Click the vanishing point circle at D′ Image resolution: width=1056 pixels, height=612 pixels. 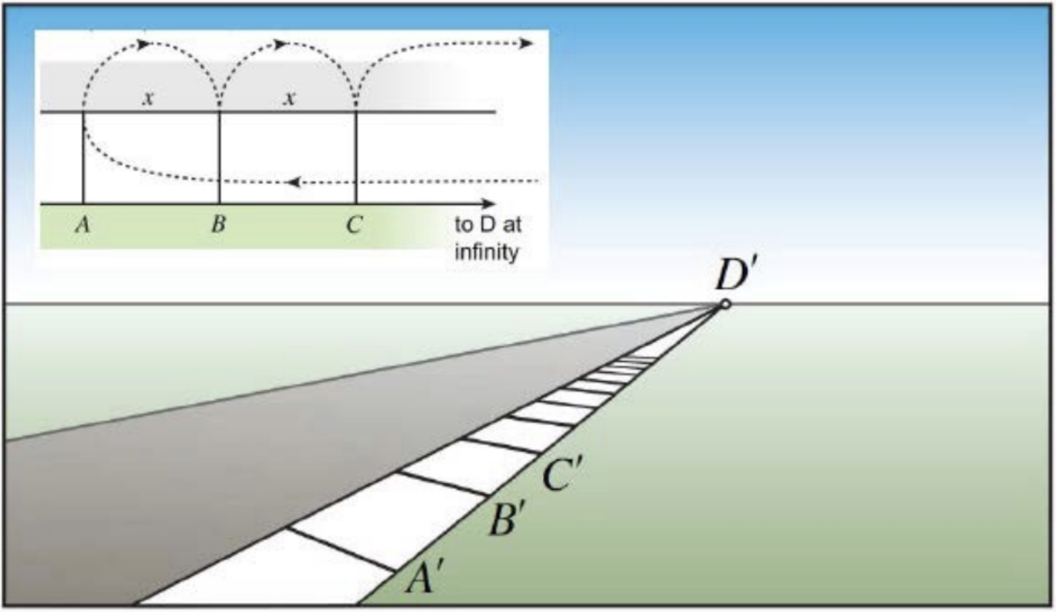pyautogui.click(x=725, y=304)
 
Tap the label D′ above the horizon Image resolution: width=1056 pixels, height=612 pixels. pyautogui.click(x=735, y=275)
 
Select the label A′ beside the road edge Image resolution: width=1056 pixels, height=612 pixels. pyautogui.click(x=424, y=577)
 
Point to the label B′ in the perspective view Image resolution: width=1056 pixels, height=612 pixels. pyautogui.click(x=507, y=519)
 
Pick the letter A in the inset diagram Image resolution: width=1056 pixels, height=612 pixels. pyautogui.click(x=83, y=225)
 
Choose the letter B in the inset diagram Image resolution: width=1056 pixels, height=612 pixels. pyautogui.click(x=219, y=225)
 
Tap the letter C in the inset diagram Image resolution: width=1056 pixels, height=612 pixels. pyautogui.click(x=354, y=225)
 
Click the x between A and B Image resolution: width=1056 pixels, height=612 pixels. pyautogui.click(x=148, y=98)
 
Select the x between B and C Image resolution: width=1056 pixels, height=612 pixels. pyautogui.click(x=289, y=98)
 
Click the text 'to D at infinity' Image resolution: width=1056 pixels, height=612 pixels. pyautogui.click(x=487, y=238)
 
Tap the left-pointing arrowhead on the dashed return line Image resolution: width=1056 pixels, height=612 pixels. pyautogui.click(x=293, y=182)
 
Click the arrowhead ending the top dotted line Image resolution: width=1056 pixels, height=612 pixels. pyautogui.click(x=526, y=43)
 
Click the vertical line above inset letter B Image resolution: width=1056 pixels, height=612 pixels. pyautogui.click(x=219, y=157)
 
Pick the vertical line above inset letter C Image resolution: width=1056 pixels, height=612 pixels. pyautogui.click(x=356, y=157)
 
